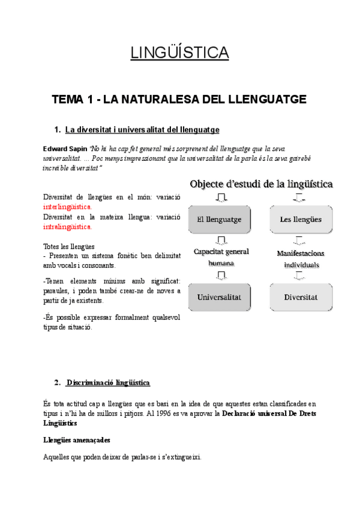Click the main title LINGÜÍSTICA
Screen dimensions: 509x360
click(x=179, y=53)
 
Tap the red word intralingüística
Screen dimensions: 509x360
click(x=68, y=227)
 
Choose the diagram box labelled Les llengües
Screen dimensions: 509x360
click(x=301, y=219)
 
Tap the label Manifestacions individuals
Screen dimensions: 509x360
click(x=301, y=259)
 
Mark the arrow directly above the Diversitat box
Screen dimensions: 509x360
click(x=298, y=276)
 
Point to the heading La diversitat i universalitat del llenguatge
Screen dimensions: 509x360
click(x=142, y=129)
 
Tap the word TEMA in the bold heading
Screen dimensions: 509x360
click(x=68, y=99)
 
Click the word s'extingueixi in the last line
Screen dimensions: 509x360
click(x=180, y=457)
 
